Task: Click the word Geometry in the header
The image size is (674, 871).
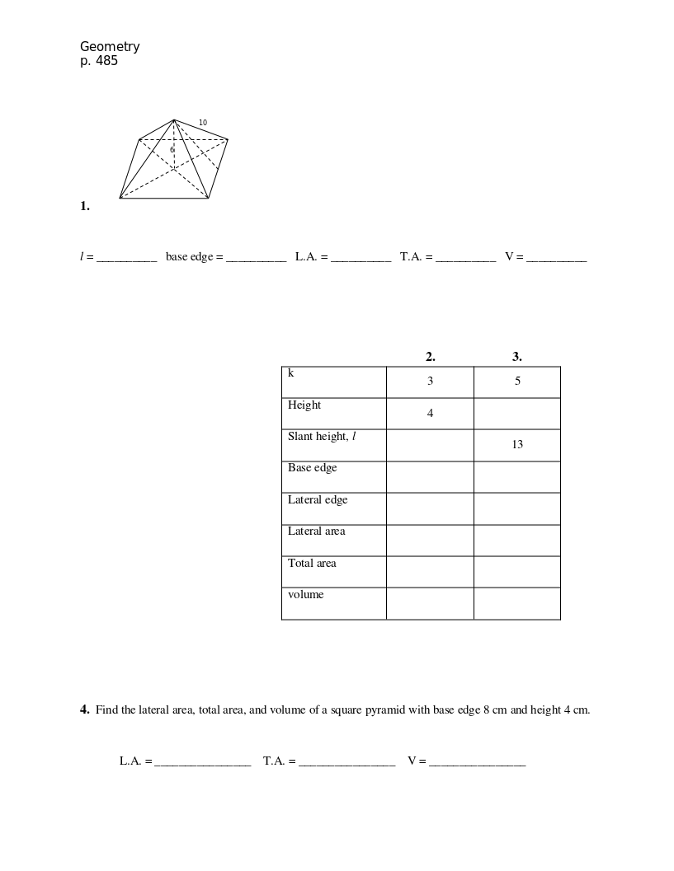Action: click(x=110, y=47)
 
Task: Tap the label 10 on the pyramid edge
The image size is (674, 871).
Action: click(x=203, y=123)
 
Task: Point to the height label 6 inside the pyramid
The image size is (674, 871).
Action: click(x=172, y=150)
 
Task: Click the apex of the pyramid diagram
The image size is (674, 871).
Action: click(x=174, y=120)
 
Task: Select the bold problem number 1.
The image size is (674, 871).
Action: click(x=85, y=206)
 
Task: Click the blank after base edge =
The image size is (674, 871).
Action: click(x=256, y=257)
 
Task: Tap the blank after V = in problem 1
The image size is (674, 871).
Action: click(x=556, y=257)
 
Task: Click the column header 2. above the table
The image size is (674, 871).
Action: click(x=430, y=357)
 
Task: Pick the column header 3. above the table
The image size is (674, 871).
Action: click(x=517, y=357)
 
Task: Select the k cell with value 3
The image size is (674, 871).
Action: click(x=430, y=382)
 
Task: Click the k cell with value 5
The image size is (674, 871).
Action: click(x=517, y=382)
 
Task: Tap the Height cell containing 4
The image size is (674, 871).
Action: click(x=430, y=414)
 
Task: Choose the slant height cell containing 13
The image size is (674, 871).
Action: click(x=517, y=445)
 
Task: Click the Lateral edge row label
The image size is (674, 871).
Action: click(x=318, y=500)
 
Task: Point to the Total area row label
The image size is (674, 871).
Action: click(x=312, y=564)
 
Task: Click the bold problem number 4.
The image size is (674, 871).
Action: click(x=85, y=709)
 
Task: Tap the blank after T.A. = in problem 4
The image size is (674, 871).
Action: click(x=346, y=761)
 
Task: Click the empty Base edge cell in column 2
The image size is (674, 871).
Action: click(x=430, y=477)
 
